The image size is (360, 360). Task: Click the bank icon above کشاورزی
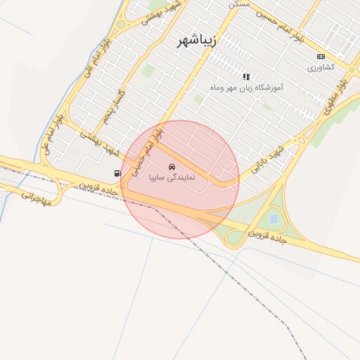point(321,56)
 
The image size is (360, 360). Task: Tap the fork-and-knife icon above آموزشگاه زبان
point(246,76)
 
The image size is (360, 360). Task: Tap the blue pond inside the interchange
point(273,219)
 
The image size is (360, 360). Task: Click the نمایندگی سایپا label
point(172,179)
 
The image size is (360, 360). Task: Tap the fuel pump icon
point(117,172)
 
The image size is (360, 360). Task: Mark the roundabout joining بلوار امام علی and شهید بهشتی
point(120,24)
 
